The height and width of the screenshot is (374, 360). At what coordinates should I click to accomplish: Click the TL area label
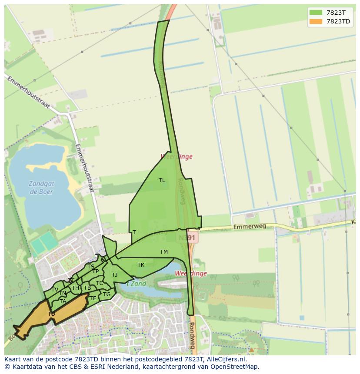(x=162, y=180)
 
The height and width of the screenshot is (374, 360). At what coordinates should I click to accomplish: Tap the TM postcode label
(x=163, y=252)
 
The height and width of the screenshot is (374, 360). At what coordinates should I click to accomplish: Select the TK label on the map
(x=141, y=265)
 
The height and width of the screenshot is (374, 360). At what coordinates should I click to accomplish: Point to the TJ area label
(x=114, y=275)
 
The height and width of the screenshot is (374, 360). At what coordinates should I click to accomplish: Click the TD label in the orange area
(x=51, y=314)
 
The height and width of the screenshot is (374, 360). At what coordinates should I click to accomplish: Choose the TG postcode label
(x=107, y=295)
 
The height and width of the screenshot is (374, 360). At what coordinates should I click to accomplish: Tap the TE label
(x=93, y=298)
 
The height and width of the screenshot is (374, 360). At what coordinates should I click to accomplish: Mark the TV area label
(x=55, y=290)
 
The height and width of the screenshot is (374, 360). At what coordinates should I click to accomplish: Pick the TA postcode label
(x=63, y=301)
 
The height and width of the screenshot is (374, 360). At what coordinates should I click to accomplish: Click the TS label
(x=90, y=267)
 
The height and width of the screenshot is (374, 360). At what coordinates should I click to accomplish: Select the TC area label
(x=100, y=283)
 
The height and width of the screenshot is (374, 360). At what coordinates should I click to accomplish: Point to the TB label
(x=87, y=288)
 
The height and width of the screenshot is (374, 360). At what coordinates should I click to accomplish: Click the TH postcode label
(x=75, y=288)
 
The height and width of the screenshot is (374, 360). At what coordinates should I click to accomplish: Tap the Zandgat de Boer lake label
(x=41, y=187)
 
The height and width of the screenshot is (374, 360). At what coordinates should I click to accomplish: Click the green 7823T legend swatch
(x=316, y=13)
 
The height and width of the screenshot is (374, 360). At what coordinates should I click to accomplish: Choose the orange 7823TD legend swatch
(x=316, y=21)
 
